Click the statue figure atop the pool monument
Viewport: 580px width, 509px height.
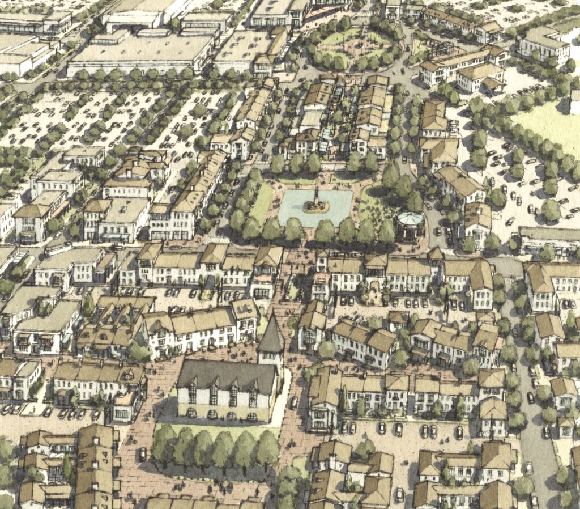tap(315, 194)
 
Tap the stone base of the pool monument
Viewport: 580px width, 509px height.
tap(315, 208)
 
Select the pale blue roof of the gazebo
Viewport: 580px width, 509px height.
tap(410, 218)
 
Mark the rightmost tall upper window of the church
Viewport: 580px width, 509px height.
tap(252, 395)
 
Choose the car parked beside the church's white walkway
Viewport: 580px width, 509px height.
tap(293, 402)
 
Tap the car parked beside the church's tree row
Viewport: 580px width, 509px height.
tap(143, 453)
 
